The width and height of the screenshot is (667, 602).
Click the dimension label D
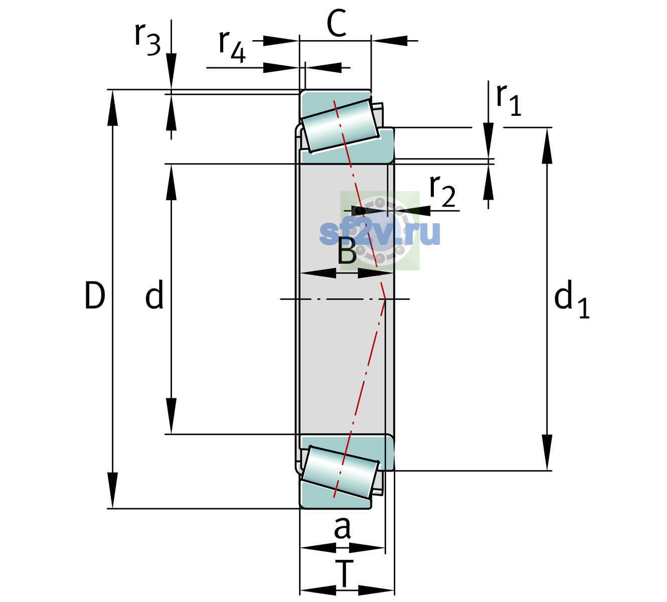pos(95,295)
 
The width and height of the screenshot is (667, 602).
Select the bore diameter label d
pos(154,294)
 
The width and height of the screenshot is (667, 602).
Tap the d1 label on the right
pos(571,298)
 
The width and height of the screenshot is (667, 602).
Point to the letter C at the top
pos(337,23)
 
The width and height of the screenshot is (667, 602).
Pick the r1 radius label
pos(509,100)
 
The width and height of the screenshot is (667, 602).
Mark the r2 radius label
pos(442,191)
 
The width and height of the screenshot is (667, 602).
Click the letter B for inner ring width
pos(347,251)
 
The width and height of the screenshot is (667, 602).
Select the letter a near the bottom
pos(342,528)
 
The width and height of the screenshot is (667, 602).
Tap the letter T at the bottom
pos(344,574)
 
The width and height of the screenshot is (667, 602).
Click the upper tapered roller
pos(340,126)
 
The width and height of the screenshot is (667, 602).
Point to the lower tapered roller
pos(340,472)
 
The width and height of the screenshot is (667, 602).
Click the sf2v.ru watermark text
pos(380,233)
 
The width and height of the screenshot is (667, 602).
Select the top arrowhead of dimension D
pos(112,107)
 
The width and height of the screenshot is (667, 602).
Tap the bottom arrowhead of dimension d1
pos(547,453)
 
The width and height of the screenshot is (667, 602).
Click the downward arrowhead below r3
pos(171,72)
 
